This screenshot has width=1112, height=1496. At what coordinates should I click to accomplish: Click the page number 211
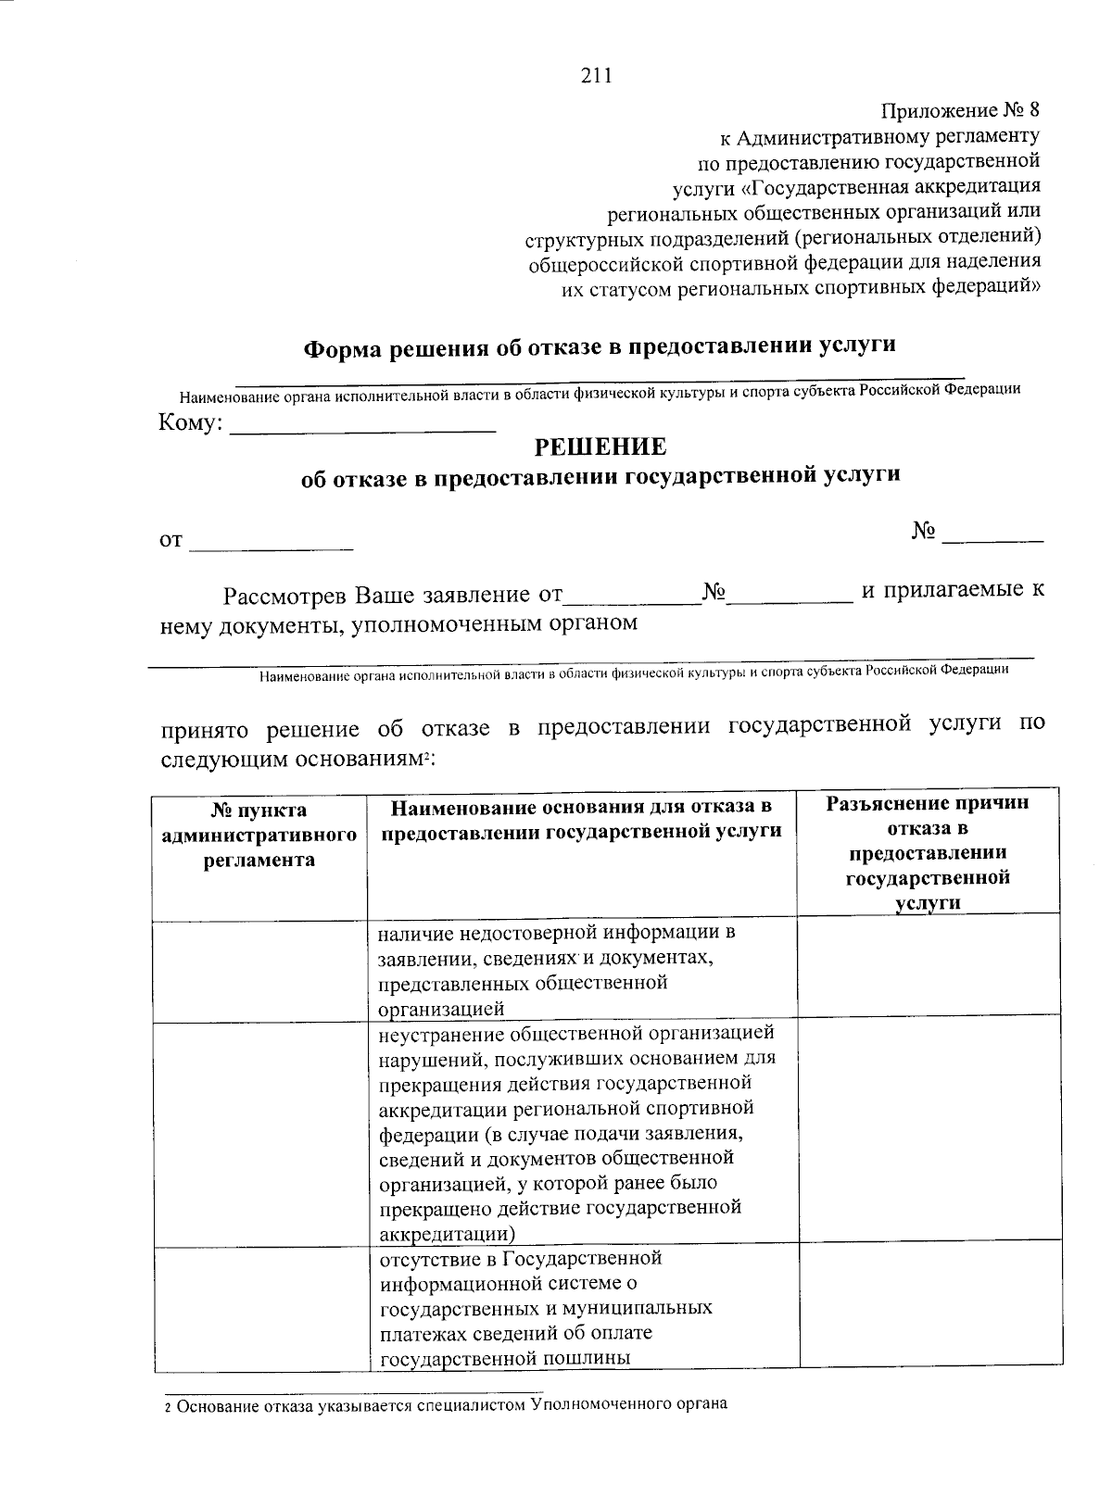596,77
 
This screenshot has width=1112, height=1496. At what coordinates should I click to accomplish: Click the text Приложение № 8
959,110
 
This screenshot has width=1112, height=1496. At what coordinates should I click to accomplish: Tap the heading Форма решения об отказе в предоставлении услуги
600,346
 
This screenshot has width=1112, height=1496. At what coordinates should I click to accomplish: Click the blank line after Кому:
362,428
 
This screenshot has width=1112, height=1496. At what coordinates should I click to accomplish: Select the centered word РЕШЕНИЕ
600,447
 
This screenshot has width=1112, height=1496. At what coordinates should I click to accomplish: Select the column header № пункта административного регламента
259,835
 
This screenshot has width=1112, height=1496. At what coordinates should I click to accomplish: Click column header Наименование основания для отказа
581,819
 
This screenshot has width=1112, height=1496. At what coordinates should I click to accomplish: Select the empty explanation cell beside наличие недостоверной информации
929,969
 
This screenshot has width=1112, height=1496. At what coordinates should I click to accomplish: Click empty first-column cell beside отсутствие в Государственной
260,1308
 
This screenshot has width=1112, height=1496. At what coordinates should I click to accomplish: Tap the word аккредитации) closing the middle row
448,1234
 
